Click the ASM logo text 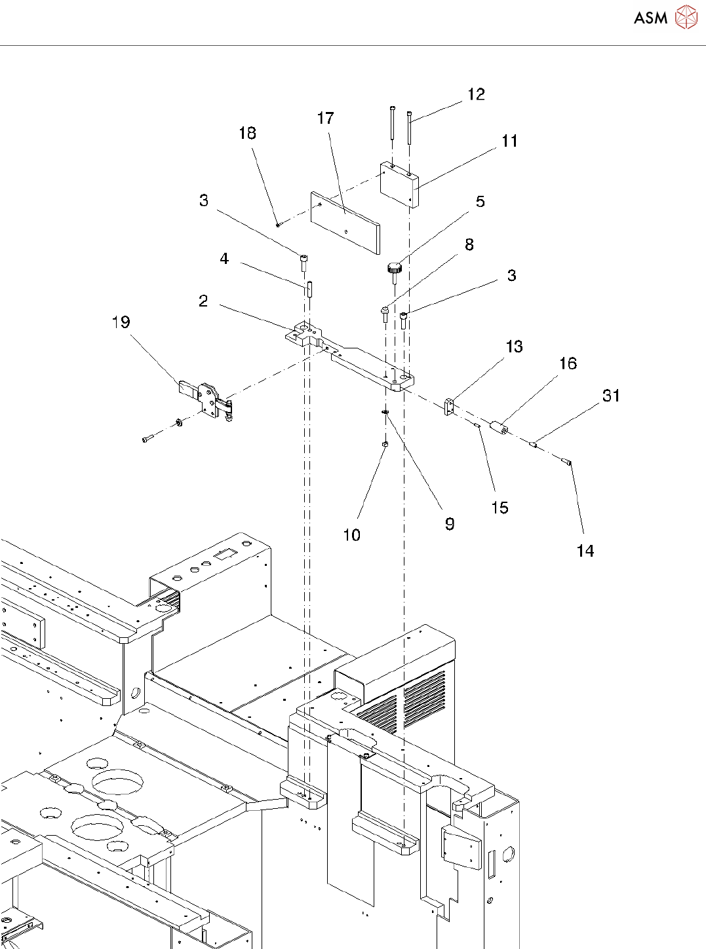[650, 18]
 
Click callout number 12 [476, 94]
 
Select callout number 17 [326, 118]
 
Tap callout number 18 [248, 133]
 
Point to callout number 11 [509, 141]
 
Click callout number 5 [480, 202]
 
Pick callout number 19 [121, 322]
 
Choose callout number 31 [611, 396]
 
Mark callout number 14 [585, 551]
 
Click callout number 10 [352, 534]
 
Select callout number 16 [568, 363]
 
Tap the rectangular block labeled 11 [399, 185]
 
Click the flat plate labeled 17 [345, 223]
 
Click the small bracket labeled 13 [448, 406]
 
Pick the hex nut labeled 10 [385, 444]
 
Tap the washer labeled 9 [385, 411]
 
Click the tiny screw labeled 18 [277, 225]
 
